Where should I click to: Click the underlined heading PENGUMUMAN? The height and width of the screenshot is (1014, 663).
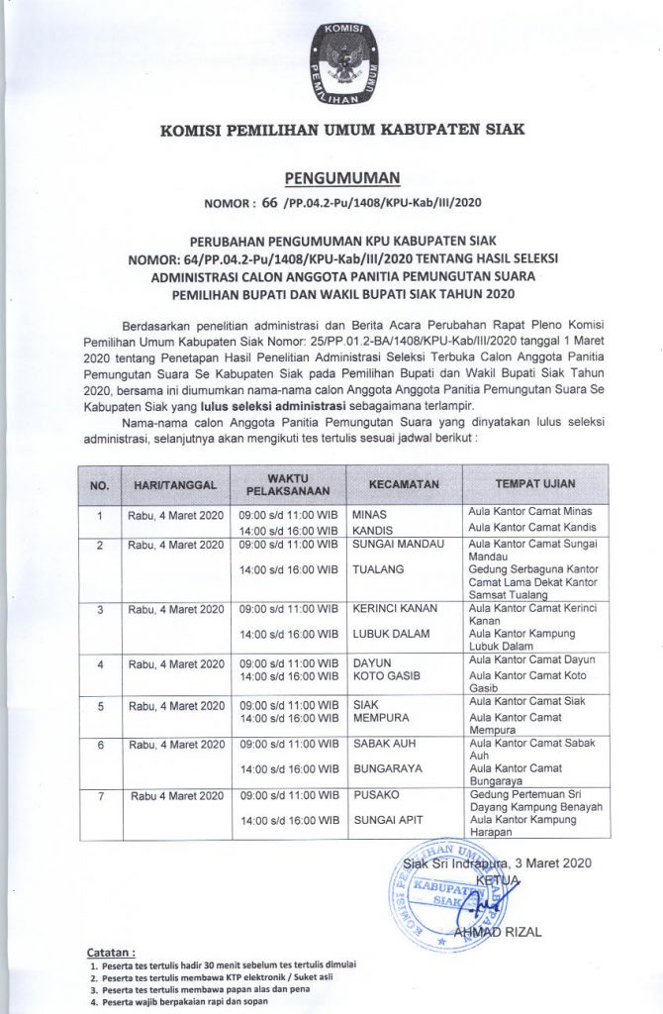pyautogui.click(x=340, y=178)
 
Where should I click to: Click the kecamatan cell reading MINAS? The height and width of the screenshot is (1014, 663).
pyautogui.click(x=370, y=516)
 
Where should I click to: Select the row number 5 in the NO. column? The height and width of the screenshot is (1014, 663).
pyautogui.click(x=100, y=706)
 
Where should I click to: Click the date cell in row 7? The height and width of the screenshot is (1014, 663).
pyautogui.click(x=175, y=794)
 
